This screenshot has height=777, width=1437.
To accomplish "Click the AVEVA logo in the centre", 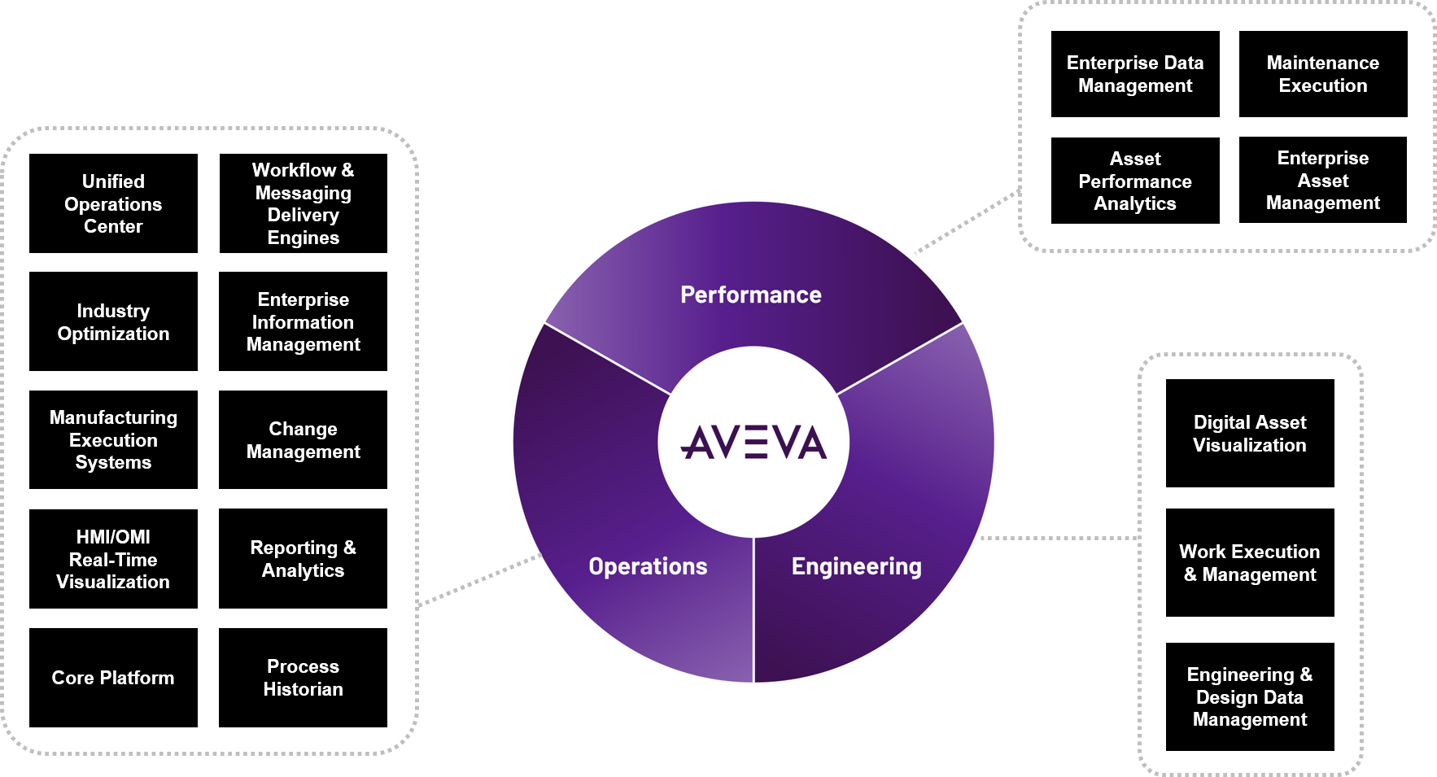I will pyautogui.click(x=753, y=443).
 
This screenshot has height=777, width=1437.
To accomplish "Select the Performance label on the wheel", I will pyautogui.click(x=750, y=295).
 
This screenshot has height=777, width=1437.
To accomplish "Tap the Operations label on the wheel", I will pyautogui.click(x=648, y=566).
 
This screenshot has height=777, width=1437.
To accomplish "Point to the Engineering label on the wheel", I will pyautogui.click(x=856, y=566).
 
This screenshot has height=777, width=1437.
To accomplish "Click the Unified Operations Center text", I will pyautogui.click(x=113, y=203).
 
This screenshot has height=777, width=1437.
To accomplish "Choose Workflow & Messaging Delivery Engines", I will pyautogui.click(x=303, y=203).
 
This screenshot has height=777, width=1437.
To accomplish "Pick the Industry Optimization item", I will pyautogui.click(x=113, y=322).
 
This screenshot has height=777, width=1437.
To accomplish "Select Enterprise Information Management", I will pyautogui.click(x=303, y=322).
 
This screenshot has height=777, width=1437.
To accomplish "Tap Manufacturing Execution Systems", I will pyautogui.click(x=113, y=440).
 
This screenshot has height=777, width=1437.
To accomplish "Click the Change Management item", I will pyautogui.click(x=303, y=440).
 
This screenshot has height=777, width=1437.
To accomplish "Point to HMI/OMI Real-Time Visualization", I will pyautogui.click(x=113, y=559).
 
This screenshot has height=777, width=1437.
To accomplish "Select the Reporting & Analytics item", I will pyautogui.click(x=303, y=559).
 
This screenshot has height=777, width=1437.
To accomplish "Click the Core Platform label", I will pyautogui.click(x=113, y=678).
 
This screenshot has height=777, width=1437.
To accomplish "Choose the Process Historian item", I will pyautogui.click(x=303, y=678).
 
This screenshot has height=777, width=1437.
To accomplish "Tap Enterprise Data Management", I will pyautogui.click(x=1134, y=74).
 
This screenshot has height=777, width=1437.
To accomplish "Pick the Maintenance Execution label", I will pyautogui.click(x=1322, y=74).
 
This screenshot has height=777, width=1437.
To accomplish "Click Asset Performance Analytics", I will pyautogui.click(x=1134, y=181).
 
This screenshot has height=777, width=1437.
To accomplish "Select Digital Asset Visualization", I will pyautogui.click(x=1249, y=434).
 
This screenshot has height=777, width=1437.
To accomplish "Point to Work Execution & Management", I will pyautogui.click(x=1249, y=563).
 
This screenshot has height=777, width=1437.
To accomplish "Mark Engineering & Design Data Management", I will pyautogui.click(x=1249, y=696).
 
